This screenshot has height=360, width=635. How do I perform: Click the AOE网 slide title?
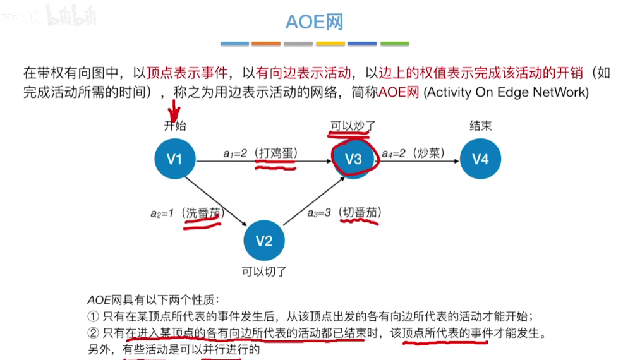click(314, 23)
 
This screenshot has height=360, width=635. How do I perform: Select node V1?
click(174, 160)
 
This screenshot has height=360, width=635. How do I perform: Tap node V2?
click(264, 241)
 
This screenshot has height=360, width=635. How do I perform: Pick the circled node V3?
click(353, 159)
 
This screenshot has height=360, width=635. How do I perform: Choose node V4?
click(480, 159)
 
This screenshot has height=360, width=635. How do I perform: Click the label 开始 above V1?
click(175, 126)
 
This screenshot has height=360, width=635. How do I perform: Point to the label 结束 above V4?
click(480, 126)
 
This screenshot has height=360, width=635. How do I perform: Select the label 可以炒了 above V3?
click(353, 126)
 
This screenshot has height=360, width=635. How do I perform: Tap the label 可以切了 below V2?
click(264, 272)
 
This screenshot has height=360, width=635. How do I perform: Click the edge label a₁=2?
click(235, 153)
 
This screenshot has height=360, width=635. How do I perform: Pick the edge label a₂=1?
click(162, 213)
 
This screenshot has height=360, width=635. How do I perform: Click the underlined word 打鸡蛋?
click(275, 153)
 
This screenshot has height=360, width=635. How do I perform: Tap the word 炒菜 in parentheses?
click(431, 153)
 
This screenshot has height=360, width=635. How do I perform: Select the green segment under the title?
click(394, 44)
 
